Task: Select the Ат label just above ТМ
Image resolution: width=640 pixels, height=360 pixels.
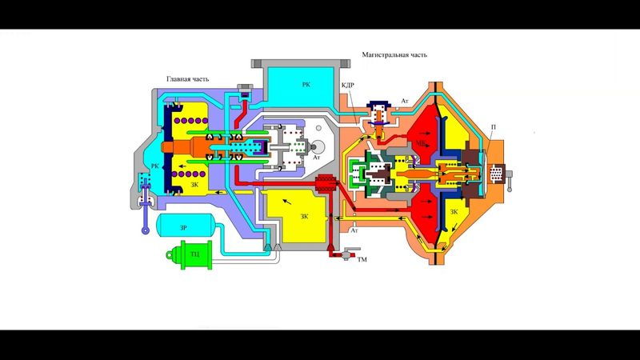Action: click(x=354, y=230)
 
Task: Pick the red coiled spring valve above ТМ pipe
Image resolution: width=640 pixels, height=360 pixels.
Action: click(x=324, y=186)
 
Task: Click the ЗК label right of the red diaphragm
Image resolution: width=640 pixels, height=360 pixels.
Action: click(x=454, y=212)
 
